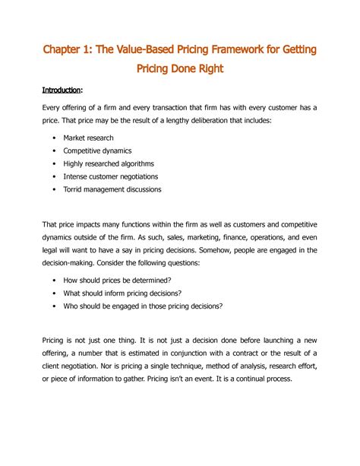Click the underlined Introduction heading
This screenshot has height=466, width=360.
(x=62, y=90)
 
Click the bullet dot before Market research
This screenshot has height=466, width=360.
(x=55, y=138)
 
